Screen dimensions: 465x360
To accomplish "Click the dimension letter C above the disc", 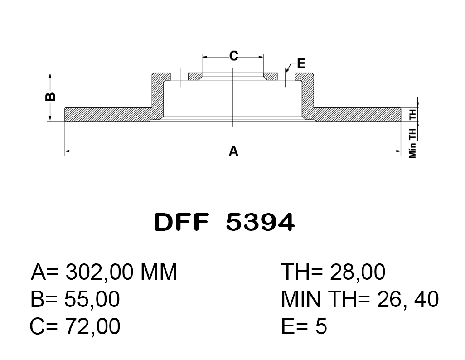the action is coord(234,55).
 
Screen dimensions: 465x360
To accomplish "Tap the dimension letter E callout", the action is coord(301,63).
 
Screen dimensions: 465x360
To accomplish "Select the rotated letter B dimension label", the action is coord(50,97).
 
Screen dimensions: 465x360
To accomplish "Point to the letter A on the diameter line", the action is coord(234,151).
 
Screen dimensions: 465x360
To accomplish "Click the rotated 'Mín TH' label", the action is coord(412,142).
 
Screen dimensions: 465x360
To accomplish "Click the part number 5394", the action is coord(260,222).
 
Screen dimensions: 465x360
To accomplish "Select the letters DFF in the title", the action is coord(181,222).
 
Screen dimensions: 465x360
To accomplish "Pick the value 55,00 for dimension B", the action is coord(92,299).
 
